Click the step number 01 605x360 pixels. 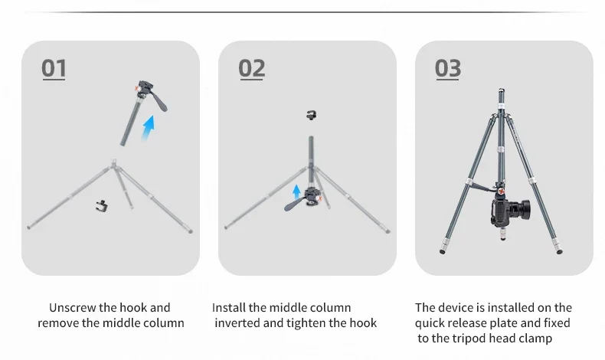tap(54, 68)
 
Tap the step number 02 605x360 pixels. tap(251, 68)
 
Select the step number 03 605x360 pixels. tap(447, 68)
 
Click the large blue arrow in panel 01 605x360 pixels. tap(148, 128)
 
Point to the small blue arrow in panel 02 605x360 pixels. tap(296, 191)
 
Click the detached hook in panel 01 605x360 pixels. tap(102, 205)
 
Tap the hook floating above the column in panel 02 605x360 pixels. tap(312, 115)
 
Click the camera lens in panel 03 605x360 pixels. tap(522, 210)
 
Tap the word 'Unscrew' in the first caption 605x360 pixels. tap(73, 307)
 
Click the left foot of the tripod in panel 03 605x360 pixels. tap(443, 251)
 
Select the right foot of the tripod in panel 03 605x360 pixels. tap(560, 251)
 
